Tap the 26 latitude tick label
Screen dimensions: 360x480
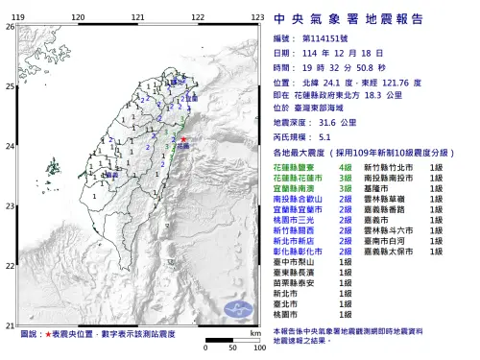[x=10, y=27]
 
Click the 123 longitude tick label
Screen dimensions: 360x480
[x=256, y=17]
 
